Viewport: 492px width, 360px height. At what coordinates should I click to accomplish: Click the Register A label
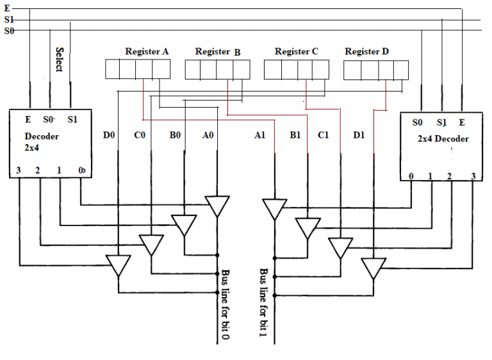point(147,51)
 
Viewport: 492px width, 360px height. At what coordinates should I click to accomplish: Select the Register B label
point(218,52)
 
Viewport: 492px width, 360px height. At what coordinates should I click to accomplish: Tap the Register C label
point(296,51)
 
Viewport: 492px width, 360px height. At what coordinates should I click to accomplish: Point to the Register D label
point(366,51)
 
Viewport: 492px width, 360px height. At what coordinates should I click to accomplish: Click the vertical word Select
point(60,60)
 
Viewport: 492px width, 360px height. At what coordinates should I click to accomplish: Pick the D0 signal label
point(110,135)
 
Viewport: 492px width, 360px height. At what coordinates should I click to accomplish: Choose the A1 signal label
point(259,135)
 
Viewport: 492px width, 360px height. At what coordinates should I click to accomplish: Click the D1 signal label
point(359,135)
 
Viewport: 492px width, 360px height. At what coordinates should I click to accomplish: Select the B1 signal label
point(295,135)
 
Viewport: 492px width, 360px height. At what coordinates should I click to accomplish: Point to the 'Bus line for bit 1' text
point(263,302)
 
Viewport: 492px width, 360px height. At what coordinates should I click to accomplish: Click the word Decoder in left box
point(42,136)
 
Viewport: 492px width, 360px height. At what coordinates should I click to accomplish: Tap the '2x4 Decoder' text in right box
point(443,139)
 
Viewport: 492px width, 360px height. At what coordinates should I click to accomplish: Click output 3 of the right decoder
point(473,176)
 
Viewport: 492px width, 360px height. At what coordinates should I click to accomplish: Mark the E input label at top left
point(6,8)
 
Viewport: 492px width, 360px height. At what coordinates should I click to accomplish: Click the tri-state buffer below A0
point(217,206)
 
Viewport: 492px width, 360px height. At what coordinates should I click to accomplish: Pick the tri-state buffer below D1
point(373,267)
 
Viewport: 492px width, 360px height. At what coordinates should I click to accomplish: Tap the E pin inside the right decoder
point(461,122)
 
